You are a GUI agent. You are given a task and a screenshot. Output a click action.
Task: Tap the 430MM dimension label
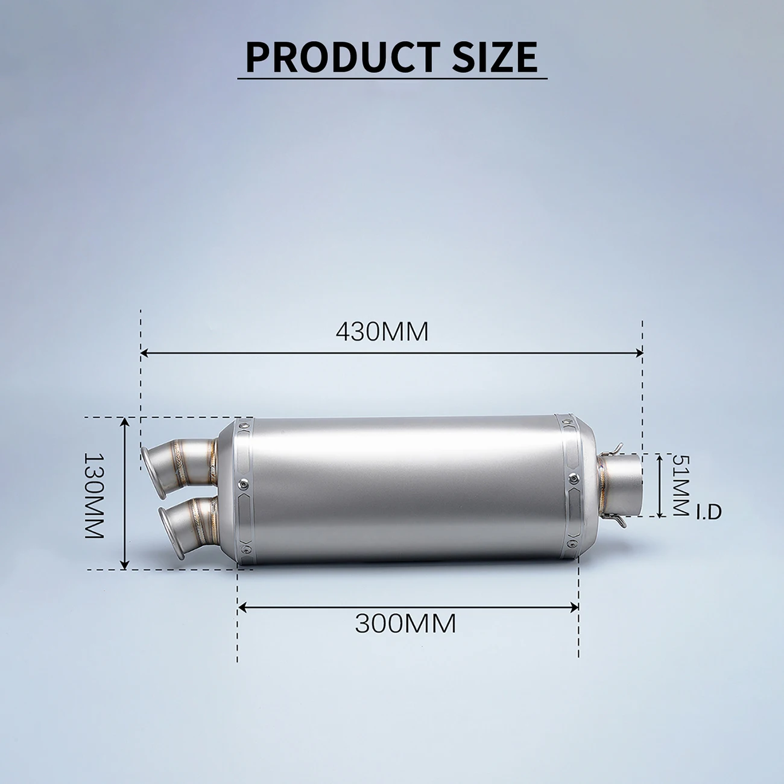coord(382,332)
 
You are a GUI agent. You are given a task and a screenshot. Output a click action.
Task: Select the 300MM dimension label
coord(405,624)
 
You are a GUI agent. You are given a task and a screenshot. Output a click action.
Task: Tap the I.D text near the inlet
coord(709,513)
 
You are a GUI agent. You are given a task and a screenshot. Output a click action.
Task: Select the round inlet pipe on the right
coord(624,485)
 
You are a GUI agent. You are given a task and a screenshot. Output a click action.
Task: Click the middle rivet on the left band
coord(243,483)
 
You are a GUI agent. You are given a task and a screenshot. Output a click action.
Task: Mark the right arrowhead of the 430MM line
coord(640,353)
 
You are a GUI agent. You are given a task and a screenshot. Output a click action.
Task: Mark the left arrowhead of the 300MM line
coord(241,607)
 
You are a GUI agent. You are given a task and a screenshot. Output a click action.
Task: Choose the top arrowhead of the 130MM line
coord(125,421)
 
